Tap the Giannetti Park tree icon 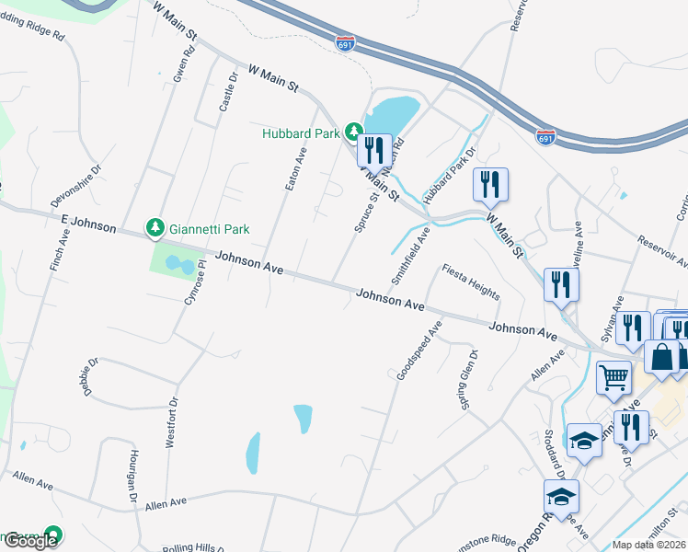coord(155,226)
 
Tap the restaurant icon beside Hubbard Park coord(374,149)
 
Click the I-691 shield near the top coord(346,43)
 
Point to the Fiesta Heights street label coord(471,282)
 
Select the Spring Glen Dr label coord(468,379)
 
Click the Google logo coord(30,541)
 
